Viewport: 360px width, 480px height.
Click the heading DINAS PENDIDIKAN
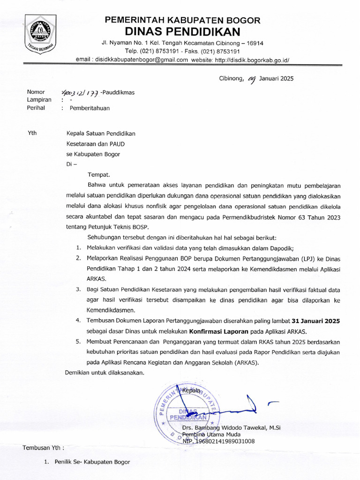pos(182,32)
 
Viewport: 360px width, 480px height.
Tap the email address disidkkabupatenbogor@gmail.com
pos(141,60)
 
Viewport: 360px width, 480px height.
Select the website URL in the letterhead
pos(252,60)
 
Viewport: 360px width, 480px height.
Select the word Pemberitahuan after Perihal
pos(90,108)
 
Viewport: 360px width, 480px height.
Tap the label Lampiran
pos(39,100)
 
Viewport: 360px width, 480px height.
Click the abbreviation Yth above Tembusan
pos(32,133)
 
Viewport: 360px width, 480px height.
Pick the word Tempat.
pos(98,174)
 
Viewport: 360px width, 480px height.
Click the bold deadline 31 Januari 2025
pos(316,321)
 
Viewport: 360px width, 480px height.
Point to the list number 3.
pos(79,290)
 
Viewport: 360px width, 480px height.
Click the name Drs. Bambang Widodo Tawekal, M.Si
pos(231,427)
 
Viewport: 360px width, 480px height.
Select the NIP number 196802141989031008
pos(218,441)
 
